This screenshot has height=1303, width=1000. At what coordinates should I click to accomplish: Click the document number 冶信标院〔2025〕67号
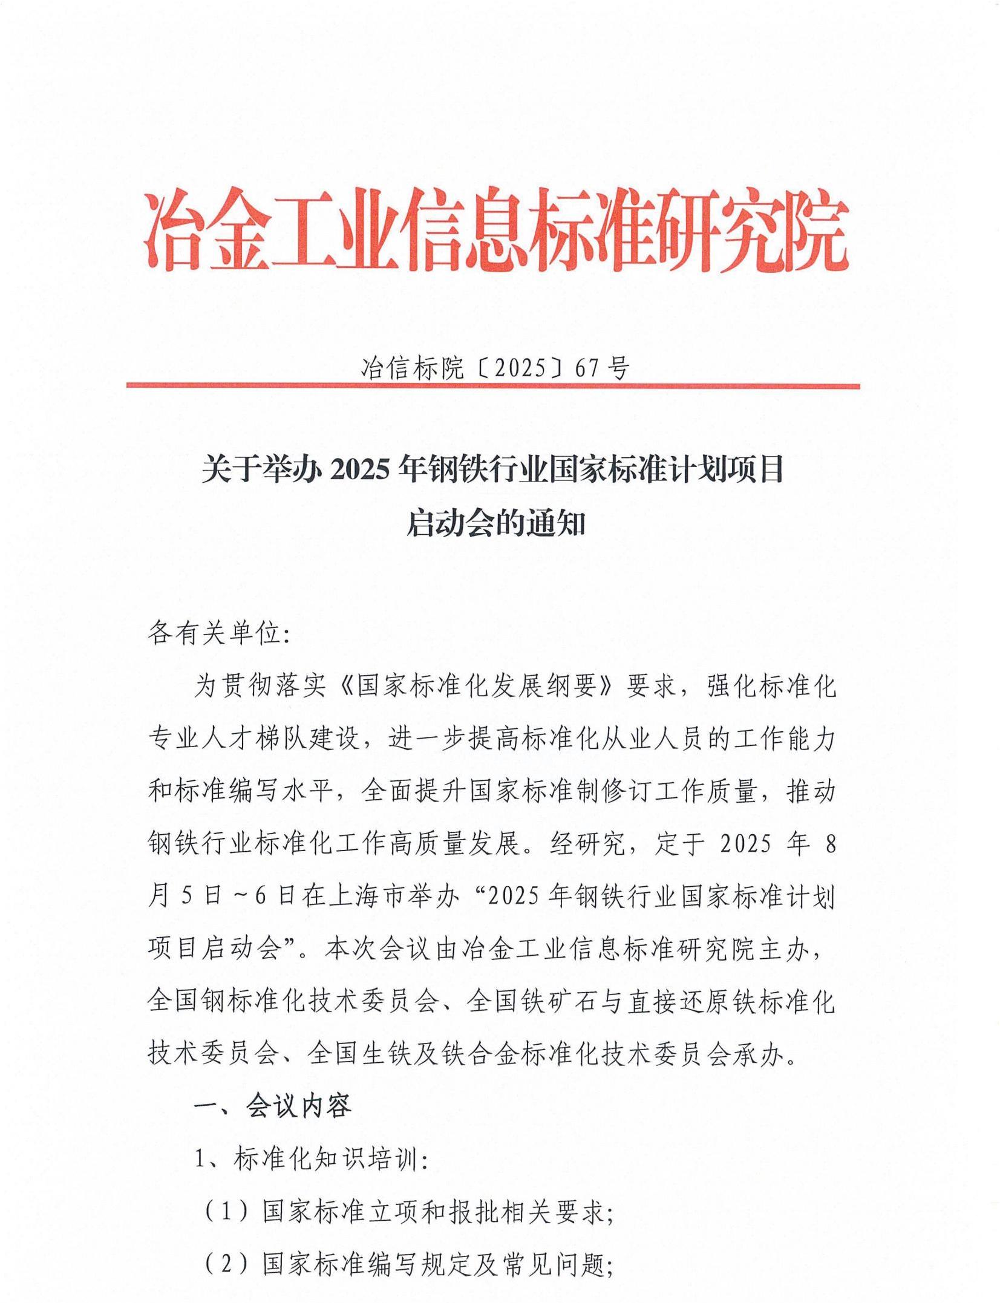pyautogui.click(x=495, y=367)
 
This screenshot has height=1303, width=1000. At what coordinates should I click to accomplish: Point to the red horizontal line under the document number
pyautogui.click(x=493, y=386)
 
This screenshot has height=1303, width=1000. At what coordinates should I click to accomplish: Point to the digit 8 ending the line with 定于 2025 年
pyautogui.click(x=831, y=844)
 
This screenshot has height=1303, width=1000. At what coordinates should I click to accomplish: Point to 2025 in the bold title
pyautogui.click(x=359, y=469)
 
